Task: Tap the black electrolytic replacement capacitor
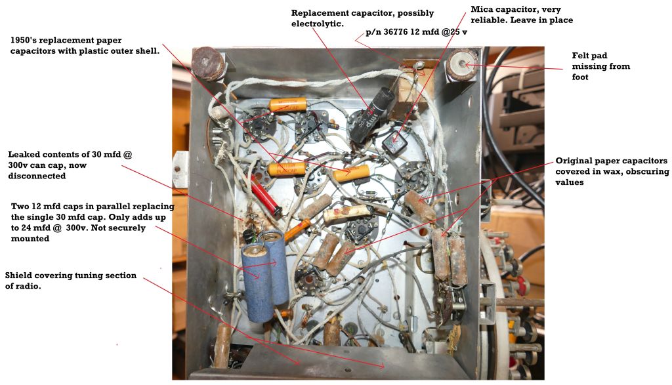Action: [x=366, y=115]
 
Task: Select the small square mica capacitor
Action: [x=394, y=141]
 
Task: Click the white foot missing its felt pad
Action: [x=461, y=64]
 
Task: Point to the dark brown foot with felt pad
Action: [x=208, y=64]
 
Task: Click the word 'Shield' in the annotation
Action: [x=18, y=275]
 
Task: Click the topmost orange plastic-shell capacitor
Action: [x=288, y=104]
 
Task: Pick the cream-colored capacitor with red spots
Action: [x=346, y=213]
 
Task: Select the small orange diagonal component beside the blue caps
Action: [x=297, y=229]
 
